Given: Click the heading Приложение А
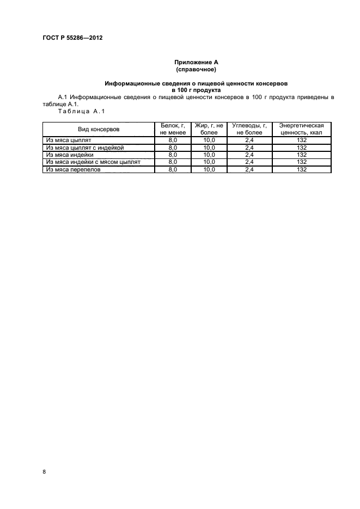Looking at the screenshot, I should point(196,63).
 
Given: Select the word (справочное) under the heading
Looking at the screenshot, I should point(196,70).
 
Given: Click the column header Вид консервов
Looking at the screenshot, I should point(99,128).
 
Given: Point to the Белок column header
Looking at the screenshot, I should point(173,128).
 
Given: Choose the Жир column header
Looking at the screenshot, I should point(209,128).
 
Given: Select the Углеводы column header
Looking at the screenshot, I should point(249,128).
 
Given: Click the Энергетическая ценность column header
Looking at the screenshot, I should point(301,128).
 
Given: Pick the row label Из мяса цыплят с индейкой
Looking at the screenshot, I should point(86,148).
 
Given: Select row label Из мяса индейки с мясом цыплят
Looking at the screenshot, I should point(93,162).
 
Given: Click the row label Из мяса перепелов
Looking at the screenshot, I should point(74,169).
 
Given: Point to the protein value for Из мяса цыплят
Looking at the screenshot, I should point(173,140).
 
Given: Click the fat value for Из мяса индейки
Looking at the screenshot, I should point(209,155).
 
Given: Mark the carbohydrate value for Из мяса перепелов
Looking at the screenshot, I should point(249,169).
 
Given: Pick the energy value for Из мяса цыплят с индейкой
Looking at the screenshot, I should point(301,148).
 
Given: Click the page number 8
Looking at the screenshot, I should point(44,471).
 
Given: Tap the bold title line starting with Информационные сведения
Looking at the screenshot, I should point(196,83).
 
